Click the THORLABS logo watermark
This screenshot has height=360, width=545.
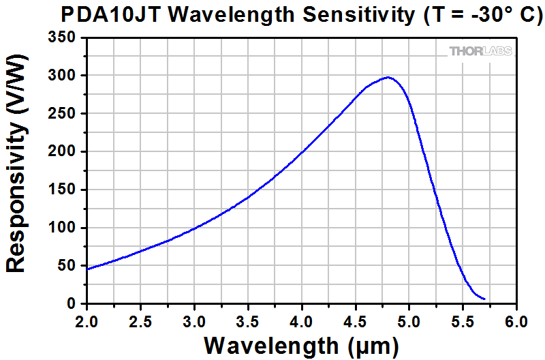(x=480, y=51)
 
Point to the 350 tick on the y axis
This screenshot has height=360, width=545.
(x=65, y=37)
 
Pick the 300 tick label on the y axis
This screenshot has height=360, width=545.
(x=65, y=76)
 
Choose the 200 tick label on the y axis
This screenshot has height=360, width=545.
(x=65, y=152)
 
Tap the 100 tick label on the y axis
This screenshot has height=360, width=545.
(x=65, y=228)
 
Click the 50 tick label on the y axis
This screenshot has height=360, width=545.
(x=69, y=266)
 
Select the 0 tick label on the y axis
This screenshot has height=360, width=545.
(x=74, y=304)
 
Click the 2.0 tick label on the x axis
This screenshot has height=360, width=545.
(x=87, y=319)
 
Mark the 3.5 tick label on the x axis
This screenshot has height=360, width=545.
(x=248, y=319)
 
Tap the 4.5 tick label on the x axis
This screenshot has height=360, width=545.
(x=356, y=319)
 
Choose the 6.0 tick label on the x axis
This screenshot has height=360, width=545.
(x=516, y=319)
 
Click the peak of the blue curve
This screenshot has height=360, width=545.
(x=388, y=77)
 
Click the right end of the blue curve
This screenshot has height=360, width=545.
(x=484, y=299)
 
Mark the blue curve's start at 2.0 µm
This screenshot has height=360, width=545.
(x=88, y=269)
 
